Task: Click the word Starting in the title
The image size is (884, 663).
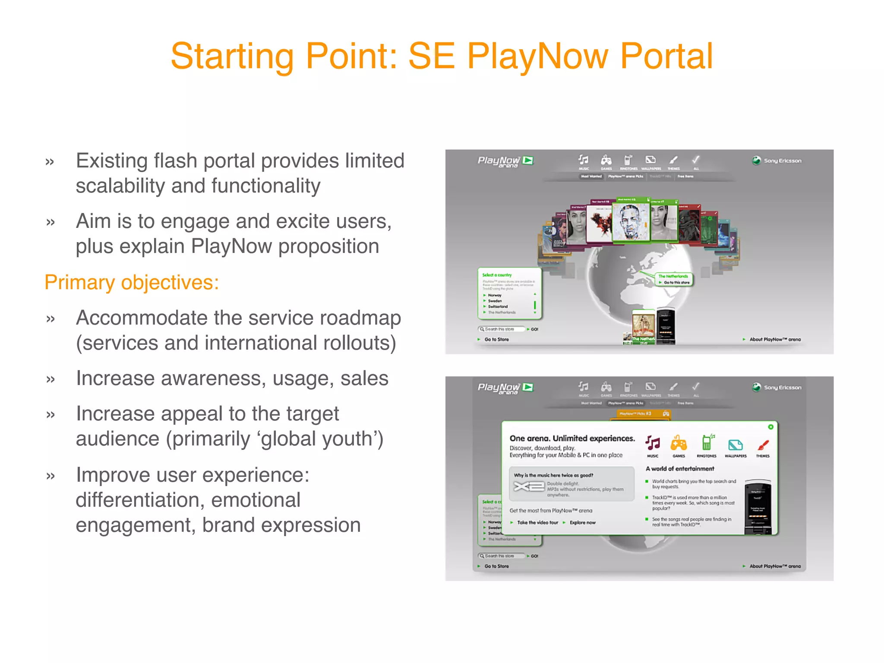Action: pyautogui.click(x=232, y=57)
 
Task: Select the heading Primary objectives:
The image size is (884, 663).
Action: pyautogui.click(x=132, y=283)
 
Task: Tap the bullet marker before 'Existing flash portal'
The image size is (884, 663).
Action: pyautogui.click(x=50, y=162)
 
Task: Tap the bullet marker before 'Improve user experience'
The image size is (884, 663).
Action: pyautogui.click(x=51, y=476)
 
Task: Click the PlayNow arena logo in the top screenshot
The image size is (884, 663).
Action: pyautogui.click(x=505, y=161)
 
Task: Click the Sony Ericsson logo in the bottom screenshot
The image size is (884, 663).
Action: pyautogui.click(x=777, y=387)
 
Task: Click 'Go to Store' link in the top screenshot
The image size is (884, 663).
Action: pyautogui.click(x=496, y=339)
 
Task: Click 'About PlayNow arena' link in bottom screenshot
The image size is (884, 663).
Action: pyautogui.click(x=774, y=566)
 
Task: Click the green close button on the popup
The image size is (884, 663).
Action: pyautogui.click(x=770, y=427)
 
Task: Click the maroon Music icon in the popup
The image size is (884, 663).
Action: pyautogui.click(x=653, y=443)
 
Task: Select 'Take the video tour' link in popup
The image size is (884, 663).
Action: pyautogui.click(x=537, y=522)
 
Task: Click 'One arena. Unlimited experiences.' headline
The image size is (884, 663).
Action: pyautogui.click(x=572, y=438)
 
